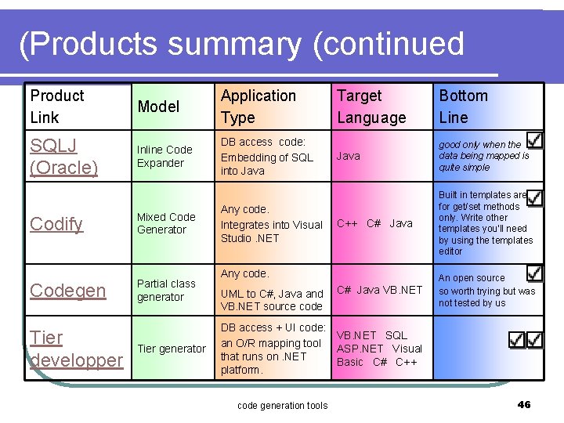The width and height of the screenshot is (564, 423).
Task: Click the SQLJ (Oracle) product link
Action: point(63,157)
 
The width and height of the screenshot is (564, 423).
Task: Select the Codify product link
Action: point(56,224)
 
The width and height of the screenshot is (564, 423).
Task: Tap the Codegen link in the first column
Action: point(67,291)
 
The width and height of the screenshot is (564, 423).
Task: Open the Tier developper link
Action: point(76,349)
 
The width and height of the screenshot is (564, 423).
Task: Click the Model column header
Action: point(158,107)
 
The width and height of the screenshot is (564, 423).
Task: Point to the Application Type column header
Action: point(258,107)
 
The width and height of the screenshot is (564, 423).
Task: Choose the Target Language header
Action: point(371,107)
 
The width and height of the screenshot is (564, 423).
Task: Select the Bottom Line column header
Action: point(463,107)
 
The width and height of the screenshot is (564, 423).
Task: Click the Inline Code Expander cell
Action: point(164,156)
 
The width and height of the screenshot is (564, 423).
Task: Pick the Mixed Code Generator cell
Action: point(166,223)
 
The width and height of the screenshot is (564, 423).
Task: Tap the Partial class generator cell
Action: point(166,290)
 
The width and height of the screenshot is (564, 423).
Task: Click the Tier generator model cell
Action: point(172,349)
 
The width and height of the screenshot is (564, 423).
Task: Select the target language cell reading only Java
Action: point(349,156)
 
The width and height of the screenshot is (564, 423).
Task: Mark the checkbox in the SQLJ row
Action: point(534,139)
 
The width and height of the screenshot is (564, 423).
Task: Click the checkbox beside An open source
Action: point(534,273)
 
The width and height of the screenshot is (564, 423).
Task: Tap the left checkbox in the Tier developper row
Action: point(517,340)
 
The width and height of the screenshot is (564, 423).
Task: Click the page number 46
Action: point(524,404)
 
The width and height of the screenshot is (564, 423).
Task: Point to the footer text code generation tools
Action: point(282,405)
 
